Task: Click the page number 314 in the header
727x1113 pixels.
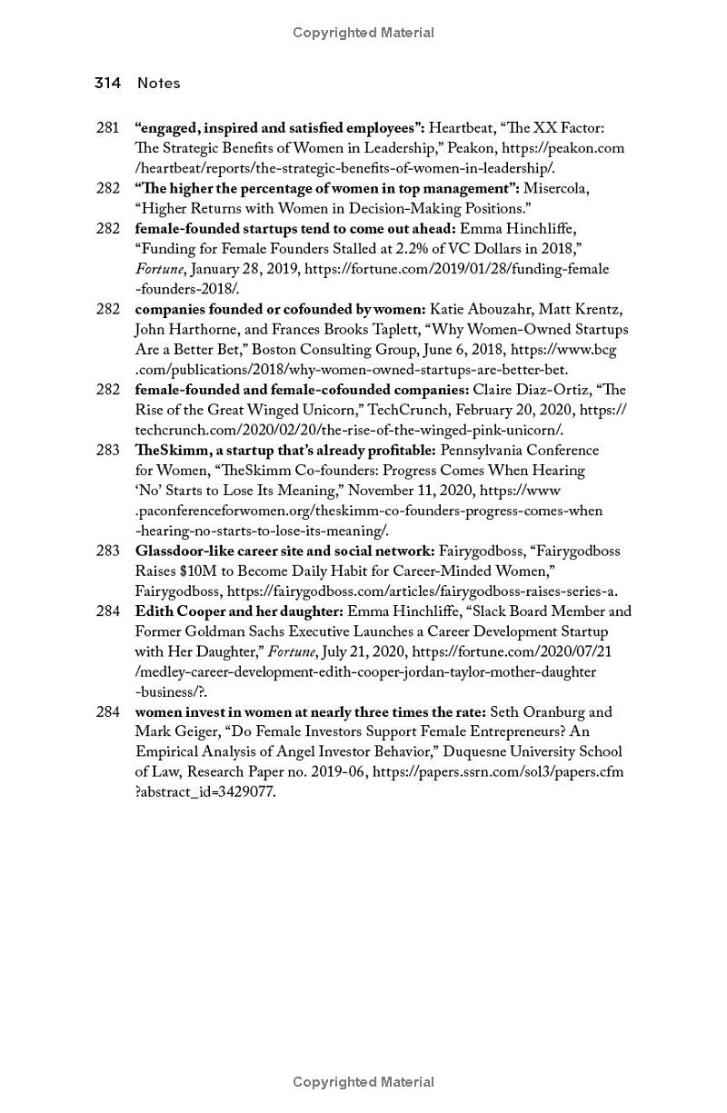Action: (107, 83)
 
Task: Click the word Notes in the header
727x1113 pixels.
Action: (159, 83)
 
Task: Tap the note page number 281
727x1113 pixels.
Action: (107, 128)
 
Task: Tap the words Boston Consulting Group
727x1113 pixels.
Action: (333, 350)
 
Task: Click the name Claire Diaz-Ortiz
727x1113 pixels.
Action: (529, 390)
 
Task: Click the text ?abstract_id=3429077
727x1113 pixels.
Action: (205, 792)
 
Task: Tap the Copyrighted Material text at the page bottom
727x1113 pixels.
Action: (363, 1082)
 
